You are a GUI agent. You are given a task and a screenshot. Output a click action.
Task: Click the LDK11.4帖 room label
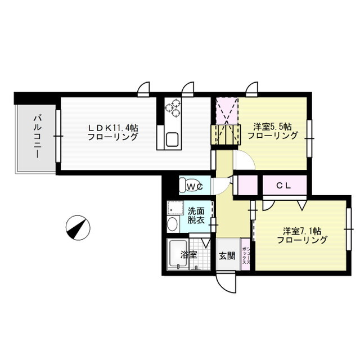112,132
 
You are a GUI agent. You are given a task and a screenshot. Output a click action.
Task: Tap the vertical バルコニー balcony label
38,136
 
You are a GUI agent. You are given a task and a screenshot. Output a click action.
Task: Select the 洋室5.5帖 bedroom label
272,131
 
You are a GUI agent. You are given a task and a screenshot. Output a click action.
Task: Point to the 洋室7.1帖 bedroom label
302,235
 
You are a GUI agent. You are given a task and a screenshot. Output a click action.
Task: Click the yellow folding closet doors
226,136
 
